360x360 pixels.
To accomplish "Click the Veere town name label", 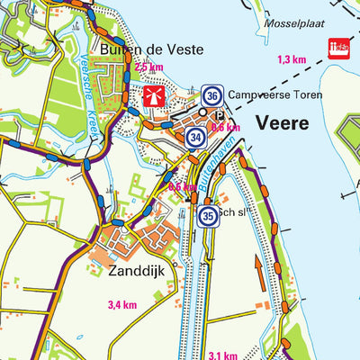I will click(283, 122).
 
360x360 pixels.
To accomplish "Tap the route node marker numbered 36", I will click(212, 94).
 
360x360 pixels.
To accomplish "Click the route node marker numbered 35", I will click(208, 216).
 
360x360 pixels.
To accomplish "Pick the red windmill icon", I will click(151, 96).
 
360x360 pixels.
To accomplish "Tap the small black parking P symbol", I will click(220, 114).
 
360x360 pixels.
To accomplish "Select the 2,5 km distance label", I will click(148, 67).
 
